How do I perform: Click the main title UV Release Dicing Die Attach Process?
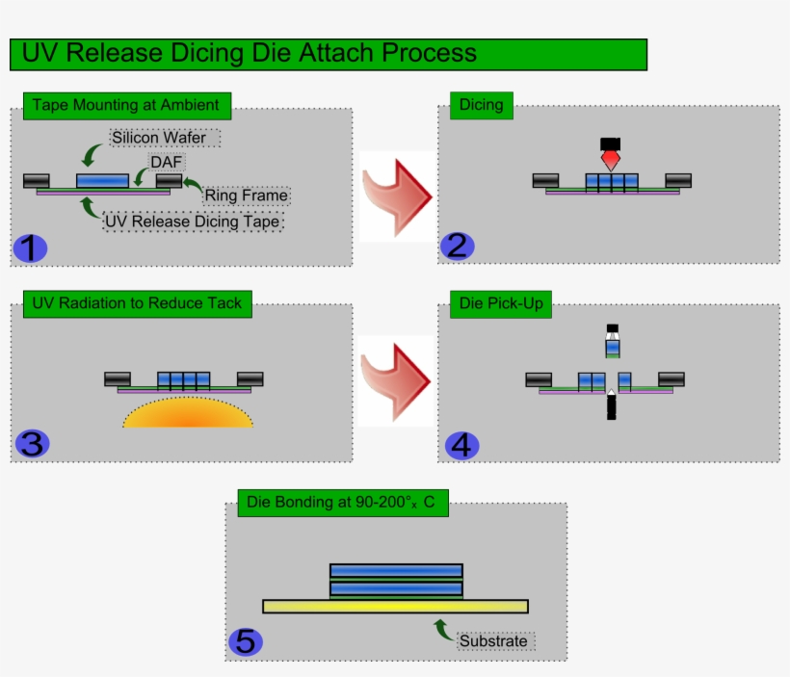click(249, 54)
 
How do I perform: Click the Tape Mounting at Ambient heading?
click(126, 105)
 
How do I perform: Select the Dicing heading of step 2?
click(481, 105)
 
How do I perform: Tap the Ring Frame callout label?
click(246, 195)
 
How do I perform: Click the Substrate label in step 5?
click(493, 640)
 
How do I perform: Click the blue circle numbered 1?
click(30, 248)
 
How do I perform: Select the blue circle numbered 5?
click(246, 641)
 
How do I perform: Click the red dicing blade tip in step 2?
click(611, 159)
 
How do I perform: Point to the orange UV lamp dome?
click(188, 412)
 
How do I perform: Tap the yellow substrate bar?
click(395, 606)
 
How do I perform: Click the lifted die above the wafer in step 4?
click(612, 347)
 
